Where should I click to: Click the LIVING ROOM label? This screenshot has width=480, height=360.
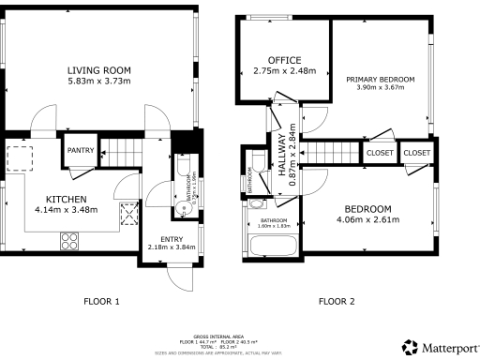[98, 70]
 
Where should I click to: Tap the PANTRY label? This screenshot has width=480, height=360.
[78, 147]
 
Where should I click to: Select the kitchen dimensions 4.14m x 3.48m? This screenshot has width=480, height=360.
[67, 210]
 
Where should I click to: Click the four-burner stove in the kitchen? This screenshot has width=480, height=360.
[70, 242]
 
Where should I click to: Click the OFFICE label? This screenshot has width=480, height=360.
[284, 60]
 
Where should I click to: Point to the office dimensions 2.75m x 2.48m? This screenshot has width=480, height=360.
[284, 71]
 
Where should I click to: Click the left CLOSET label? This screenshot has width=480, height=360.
[380, 152]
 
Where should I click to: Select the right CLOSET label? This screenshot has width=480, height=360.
[417, 152]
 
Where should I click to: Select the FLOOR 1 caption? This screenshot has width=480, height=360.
[99, 301]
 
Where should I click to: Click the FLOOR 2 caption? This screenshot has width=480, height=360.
[336, 301]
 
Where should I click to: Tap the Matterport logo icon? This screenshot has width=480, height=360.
[410, 347]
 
